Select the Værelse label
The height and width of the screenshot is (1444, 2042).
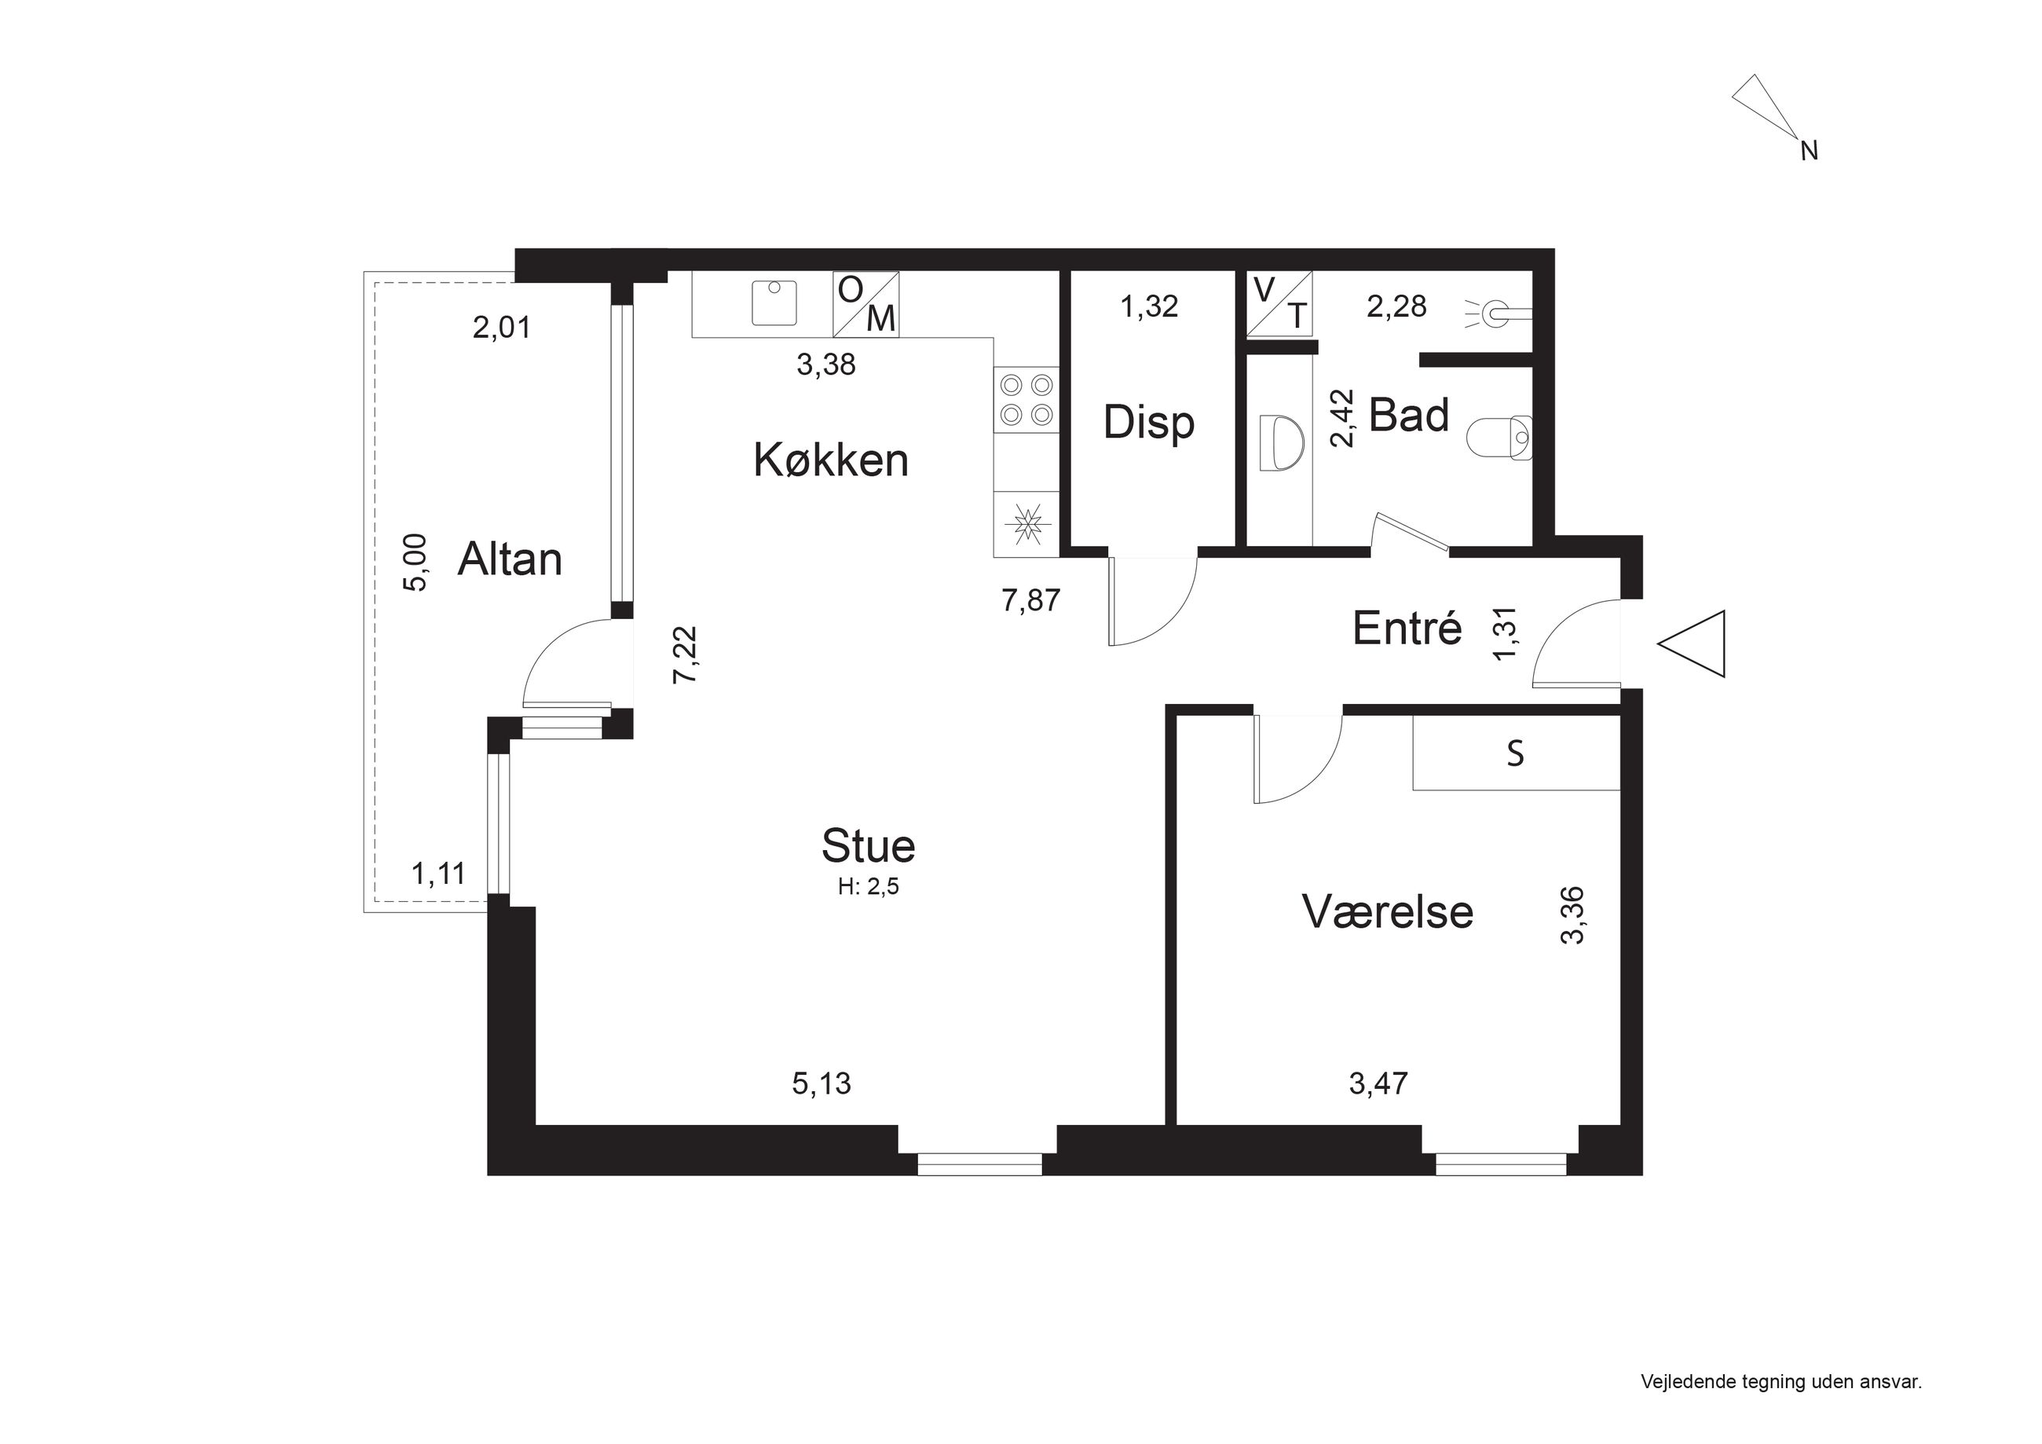[x=1388, y=912]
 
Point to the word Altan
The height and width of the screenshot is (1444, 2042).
[x=510, y=559]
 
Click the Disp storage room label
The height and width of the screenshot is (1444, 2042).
[x=1148, y=423]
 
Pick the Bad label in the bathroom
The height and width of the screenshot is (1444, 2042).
[x=1409, y=416]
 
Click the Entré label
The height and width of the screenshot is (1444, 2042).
[x=1407, y=629]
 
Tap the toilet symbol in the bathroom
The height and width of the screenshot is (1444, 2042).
[x=1499, y=438]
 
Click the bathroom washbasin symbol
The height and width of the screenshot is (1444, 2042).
[x=1282, y=442]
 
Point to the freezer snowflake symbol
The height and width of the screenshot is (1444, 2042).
[x=1027, y=524]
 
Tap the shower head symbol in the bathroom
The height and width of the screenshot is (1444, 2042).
[x=1498, y=312]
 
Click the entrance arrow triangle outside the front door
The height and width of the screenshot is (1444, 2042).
[x=1692, y=643]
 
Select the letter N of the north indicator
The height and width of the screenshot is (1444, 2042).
[x=1809, y=152]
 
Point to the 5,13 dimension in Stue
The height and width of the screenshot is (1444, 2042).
[x=821, y=1083]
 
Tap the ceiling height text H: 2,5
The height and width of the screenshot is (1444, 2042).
[x=868, y=887]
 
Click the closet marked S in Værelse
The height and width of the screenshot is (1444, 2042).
[x=1516, y=753]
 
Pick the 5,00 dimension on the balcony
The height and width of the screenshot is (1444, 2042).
[x=415, y=562]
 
